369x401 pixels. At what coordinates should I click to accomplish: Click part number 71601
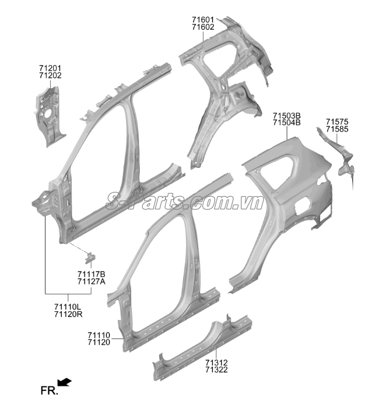203,20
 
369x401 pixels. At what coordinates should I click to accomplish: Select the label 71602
203,27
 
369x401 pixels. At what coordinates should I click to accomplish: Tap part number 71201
50,68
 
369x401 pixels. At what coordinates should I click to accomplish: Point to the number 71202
50,75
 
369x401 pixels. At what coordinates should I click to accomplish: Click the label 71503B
287,115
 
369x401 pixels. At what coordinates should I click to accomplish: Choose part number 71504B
287,123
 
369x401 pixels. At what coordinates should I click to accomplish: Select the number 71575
337,122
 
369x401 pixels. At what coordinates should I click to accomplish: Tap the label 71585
337,129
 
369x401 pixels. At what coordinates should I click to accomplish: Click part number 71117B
92,275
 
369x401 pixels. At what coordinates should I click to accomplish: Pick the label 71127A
92,282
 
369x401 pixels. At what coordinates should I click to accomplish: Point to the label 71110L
68,307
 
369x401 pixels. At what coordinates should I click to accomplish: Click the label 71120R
68,314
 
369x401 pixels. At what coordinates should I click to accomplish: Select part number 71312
216,363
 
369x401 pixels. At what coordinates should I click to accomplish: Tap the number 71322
216,370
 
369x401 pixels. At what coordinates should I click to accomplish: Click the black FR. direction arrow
65,382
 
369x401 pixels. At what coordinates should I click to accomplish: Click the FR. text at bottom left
49,391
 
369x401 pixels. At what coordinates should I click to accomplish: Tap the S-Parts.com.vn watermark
184,200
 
